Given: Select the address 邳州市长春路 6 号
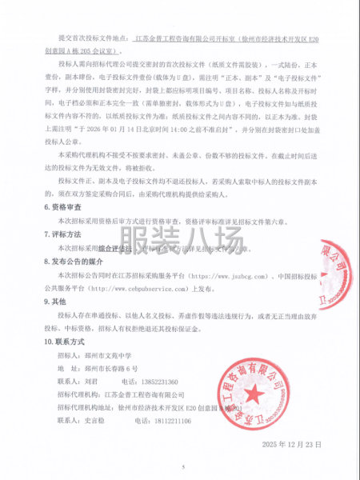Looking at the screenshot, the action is click(111, 367).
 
